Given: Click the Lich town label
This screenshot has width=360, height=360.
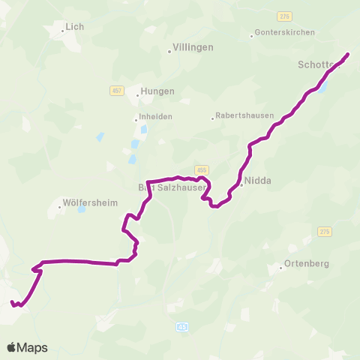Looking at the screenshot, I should coord(75,26).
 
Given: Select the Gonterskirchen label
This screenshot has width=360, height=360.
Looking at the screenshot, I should coord(284,33).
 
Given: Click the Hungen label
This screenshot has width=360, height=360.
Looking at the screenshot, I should coord(157,91).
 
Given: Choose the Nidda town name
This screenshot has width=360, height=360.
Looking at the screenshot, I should coord(257,181).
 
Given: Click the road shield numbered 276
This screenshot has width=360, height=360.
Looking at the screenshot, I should coord(284,16).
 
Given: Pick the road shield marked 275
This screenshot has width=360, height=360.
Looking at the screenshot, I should coord(324,232).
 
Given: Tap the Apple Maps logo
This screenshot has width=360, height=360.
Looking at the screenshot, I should coord(27,347).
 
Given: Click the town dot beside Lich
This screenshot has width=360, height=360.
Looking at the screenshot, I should coord(63,31).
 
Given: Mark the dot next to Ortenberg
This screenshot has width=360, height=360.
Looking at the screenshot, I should coord(279,266).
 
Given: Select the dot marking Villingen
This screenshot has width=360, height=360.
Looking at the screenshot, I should coord(169,52).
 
